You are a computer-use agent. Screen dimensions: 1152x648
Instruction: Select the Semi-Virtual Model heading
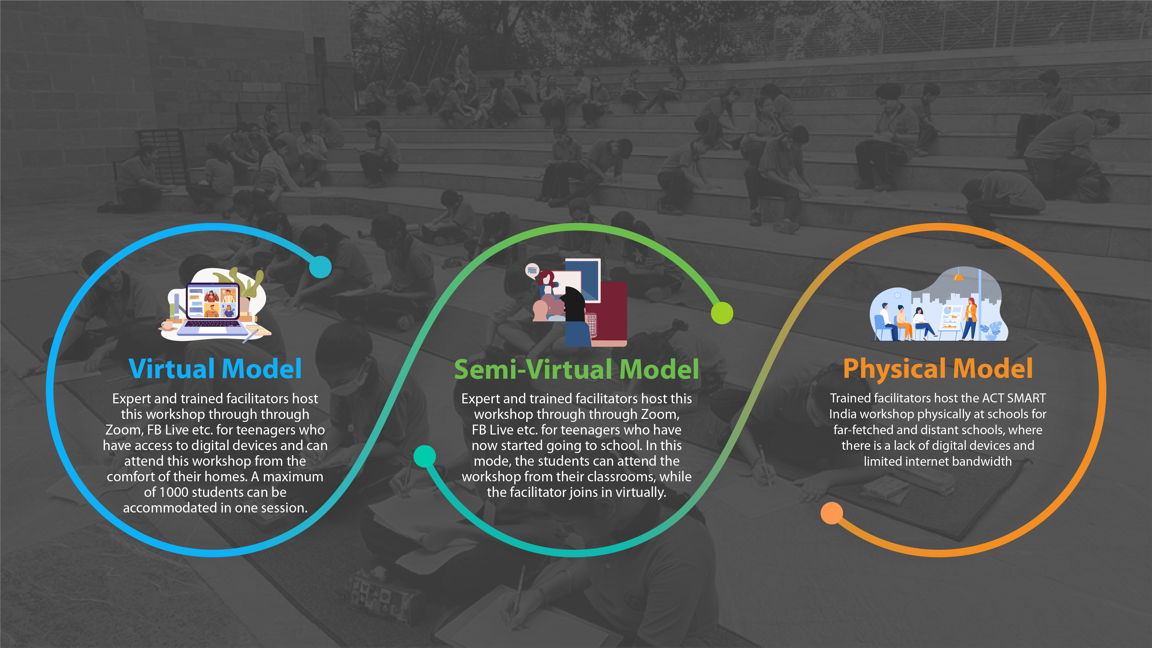pyautogui.click(x=576, y=369)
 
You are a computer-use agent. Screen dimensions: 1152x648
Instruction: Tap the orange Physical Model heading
pyautogui.click(x=938, y=369)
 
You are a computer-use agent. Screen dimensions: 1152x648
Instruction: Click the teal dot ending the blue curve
pyautogui.click(x=320, y=267)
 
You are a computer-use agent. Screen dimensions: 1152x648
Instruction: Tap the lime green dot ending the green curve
pyautogui.click(x=722, y=312)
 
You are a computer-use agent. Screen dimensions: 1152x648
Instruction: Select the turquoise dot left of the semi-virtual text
pyautogui.click(x=424, y=456)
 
